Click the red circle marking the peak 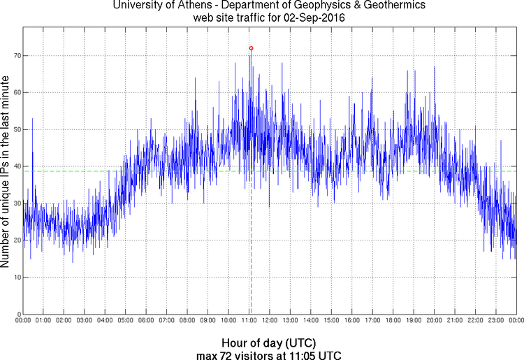tap(251, 48)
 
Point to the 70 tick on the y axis tap(15, 55)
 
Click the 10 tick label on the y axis tap(15, 278)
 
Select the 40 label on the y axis tap(15, 166)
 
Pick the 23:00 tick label tap(496, 321)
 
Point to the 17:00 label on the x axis tap(372, 321)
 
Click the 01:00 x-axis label tap(43, 321)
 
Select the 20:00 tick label tap(434, 321)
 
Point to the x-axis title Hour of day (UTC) tap(268, 343)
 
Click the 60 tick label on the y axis tap(15, 92)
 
